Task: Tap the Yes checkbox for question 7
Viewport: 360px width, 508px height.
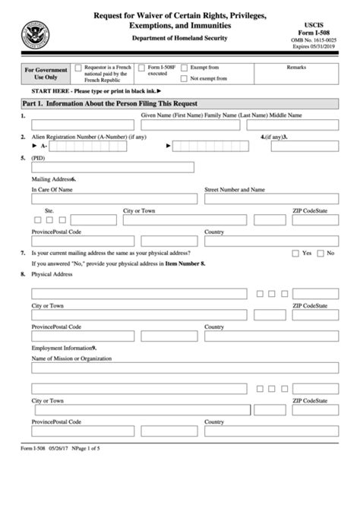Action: pos(295,253)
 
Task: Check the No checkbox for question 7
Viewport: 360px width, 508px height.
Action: pos(320,253)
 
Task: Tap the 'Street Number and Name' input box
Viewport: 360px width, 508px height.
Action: pos(270,200)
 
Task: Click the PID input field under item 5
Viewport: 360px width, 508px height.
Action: pos(112,167)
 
